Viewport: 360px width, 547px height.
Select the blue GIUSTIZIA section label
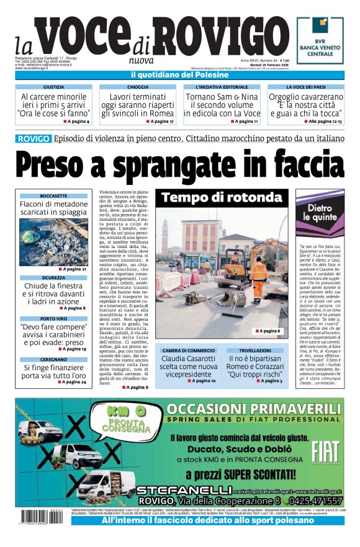point(53,87)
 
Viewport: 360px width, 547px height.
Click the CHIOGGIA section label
point(138,87)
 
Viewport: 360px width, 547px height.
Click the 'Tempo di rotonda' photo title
point(222,198)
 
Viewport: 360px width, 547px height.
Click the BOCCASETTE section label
point(53,195)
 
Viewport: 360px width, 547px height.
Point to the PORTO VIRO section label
point(53,319)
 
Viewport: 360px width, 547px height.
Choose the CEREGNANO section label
point(53,360)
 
